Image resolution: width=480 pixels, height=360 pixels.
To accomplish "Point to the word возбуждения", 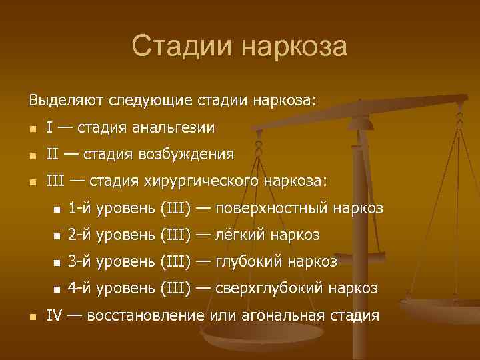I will point(186,155).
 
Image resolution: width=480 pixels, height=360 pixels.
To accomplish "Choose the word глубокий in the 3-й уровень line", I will point(250,262).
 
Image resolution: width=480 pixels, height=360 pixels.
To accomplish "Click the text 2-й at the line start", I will point(80,235).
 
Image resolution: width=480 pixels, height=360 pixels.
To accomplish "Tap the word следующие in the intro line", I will point(155,100).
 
